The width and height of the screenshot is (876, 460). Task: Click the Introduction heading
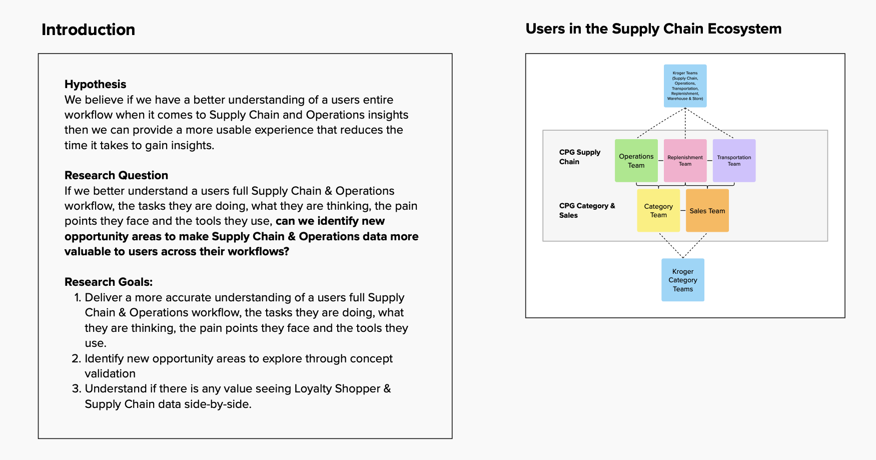(x=88, y=30)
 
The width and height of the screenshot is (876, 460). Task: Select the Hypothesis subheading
(x=95, y=84)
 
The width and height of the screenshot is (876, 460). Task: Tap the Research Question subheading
(x=116, y=175)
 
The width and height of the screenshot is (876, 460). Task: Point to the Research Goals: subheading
(x=108, y=282)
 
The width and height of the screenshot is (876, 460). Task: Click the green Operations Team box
(x=636, y=161)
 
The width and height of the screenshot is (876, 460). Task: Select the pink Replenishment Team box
(x=685, y=161)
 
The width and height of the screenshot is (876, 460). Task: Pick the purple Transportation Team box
(x=734, y=161)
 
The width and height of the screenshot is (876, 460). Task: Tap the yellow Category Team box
(x=658, y=211)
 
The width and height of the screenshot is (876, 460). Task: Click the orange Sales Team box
(x=707, y=211)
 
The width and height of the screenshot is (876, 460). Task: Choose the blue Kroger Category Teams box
(x=682, y=280)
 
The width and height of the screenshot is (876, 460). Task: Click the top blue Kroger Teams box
(x=685, y=86)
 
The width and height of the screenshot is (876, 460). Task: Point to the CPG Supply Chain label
(x=579, y=157)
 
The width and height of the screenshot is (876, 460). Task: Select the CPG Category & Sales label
(x=586, y=210)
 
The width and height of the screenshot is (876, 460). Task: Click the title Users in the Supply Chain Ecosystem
(x=653, y=29)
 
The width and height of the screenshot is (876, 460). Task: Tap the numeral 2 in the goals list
(x=76, y=358)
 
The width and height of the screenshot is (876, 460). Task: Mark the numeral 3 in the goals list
(x=76, y=388)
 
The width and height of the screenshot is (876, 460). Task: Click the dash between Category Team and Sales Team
(x=683, y=211)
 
